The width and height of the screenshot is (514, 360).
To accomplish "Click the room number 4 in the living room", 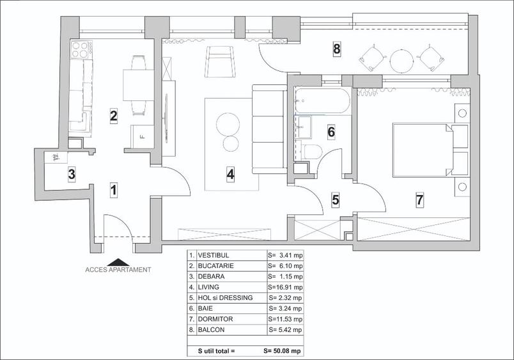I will (x=230, y=173).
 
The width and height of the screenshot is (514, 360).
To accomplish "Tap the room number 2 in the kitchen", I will (x=113, y=116).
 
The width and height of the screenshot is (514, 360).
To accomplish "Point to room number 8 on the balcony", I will (x=336, y=47).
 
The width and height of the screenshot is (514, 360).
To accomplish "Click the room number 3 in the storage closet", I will (x=72, y=173).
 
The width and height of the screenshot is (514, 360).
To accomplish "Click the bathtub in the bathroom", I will (x=322, y=100).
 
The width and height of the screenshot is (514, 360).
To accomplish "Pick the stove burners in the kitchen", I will (x=80, y=49).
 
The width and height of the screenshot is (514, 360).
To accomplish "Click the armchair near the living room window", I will (x=219, y=60).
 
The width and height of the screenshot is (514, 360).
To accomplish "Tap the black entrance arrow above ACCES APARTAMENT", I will (x=118, y=261).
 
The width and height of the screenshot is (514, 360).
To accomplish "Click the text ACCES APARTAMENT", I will (x=118, y=270).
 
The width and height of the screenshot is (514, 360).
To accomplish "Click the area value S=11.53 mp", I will (x=285, y=318).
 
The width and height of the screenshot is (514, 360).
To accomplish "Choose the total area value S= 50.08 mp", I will (x=283, y=351).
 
